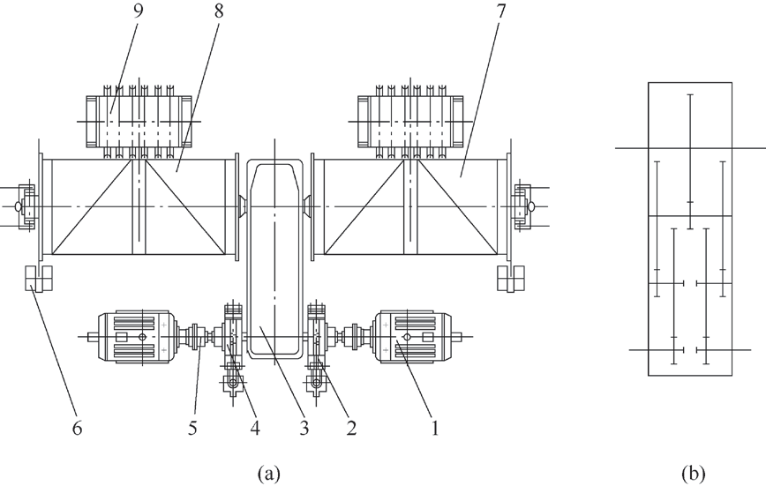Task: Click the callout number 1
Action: pyautogui.click(x=434, y=429)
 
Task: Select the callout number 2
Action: pyautogui.click(x=351, y=429)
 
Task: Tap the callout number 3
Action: pyautogui.click(x=304, y=429)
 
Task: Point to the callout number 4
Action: pyautogui.click(x=255, y=429)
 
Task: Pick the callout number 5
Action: pyautogui.click(x=192, y=429)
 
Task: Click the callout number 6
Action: pyautogui.click(x=77, y=429)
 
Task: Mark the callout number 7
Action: pyautogui.click(x=501, y=11)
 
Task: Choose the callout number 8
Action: pyautogui.click(x=218, y=11)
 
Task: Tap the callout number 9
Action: pyautogui.click(x=139, y=11)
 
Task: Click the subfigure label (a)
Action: pyautogui.click(x=268, y=474)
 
